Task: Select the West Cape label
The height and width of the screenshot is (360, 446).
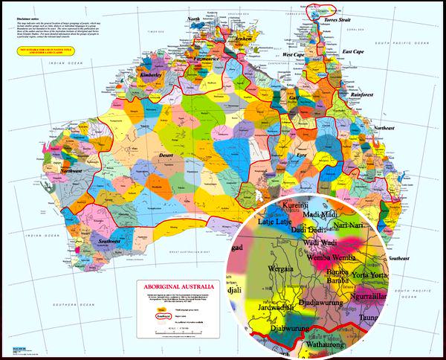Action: pos(295,54)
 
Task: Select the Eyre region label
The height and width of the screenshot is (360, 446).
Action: pos(301,155)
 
